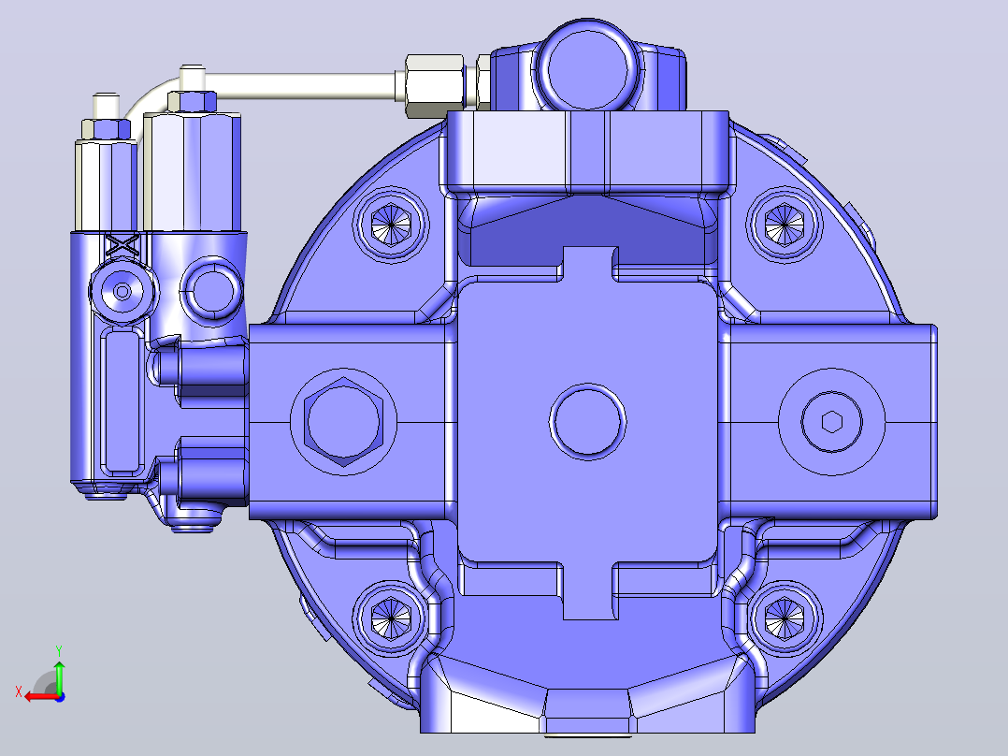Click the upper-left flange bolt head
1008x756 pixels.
[391, 225]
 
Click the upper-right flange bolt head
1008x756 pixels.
[785, 225]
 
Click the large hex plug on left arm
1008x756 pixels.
[343, 422]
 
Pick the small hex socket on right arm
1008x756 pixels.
[832, 422]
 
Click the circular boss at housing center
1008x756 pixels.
[587, 422]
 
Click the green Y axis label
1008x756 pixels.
[59, 650]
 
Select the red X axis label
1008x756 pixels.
[19, 692]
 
